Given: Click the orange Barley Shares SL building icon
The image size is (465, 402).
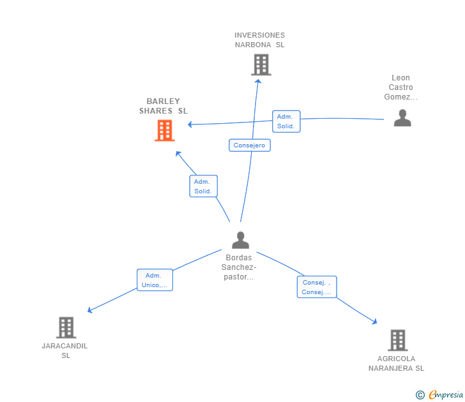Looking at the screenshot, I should click(164, 130).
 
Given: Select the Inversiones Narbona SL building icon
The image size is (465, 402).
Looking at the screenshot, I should click(261, 64).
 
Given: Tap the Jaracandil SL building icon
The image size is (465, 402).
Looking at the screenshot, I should click(66, 327).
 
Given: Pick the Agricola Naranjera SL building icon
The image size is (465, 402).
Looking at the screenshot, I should click(397, 340).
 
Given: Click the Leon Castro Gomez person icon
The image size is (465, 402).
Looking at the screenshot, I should click(402, 118).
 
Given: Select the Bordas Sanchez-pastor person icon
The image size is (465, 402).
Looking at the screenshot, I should click(240, 240).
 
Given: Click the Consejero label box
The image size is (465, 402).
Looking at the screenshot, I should click(250, 145).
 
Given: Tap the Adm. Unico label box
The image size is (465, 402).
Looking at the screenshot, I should click(155, 280).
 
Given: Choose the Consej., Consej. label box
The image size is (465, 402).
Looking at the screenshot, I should click(317, 287).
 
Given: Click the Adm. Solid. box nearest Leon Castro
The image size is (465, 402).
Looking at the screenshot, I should click(286, 121).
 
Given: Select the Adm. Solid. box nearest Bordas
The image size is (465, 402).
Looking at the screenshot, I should click(203, 186).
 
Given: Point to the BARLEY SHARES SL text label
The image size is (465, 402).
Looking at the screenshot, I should click(164, 106).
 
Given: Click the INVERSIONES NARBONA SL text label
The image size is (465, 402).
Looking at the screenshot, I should click(259, 40).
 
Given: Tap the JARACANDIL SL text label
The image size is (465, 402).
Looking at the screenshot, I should click(65, 350).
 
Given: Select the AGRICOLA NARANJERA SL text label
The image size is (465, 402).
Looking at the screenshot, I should click(396, 363).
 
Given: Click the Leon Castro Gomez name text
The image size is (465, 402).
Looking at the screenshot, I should click(400, 87).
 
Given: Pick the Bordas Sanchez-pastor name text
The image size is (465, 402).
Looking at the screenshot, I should click(240, 267).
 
